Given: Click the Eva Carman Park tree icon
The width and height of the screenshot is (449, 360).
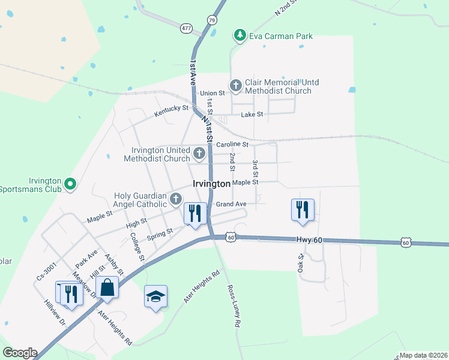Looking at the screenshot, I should [240, 36].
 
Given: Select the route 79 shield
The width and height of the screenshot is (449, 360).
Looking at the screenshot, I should [211, 20].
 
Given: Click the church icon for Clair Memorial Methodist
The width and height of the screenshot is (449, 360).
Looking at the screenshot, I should [235, 86].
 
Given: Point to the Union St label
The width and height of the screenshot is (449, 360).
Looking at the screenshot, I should [212, 94].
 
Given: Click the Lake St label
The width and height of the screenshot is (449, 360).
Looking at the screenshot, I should [252, 115].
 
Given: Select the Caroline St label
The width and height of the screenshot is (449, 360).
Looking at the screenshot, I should [232, 145].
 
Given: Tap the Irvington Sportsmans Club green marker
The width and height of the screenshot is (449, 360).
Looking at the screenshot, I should [70, 185].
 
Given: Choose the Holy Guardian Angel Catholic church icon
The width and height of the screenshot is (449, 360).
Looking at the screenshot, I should [176, 199].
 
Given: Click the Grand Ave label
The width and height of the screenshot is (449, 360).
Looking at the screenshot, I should [231, 204].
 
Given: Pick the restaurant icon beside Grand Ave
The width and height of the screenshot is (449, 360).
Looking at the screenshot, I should [195, 213].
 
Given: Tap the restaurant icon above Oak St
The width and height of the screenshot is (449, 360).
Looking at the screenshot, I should [303, 209].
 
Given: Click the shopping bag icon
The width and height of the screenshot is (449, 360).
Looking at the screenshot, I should [107, 287].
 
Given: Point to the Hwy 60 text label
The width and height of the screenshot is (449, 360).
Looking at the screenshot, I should [310, 240].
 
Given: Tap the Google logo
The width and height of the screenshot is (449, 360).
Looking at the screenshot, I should [20, 353].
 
